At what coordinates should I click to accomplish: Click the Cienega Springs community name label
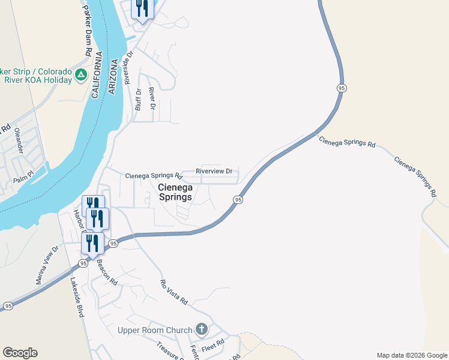[175, 192]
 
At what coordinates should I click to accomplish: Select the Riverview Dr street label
[214, 171]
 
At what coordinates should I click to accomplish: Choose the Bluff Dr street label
[138, 100]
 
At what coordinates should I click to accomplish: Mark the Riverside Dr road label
[127, 65]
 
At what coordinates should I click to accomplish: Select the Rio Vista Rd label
[174, 292]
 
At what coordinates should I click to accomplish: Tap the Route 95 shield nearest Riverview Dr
[238, 199]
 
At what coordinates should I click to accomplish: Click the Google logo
[20, 353]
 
